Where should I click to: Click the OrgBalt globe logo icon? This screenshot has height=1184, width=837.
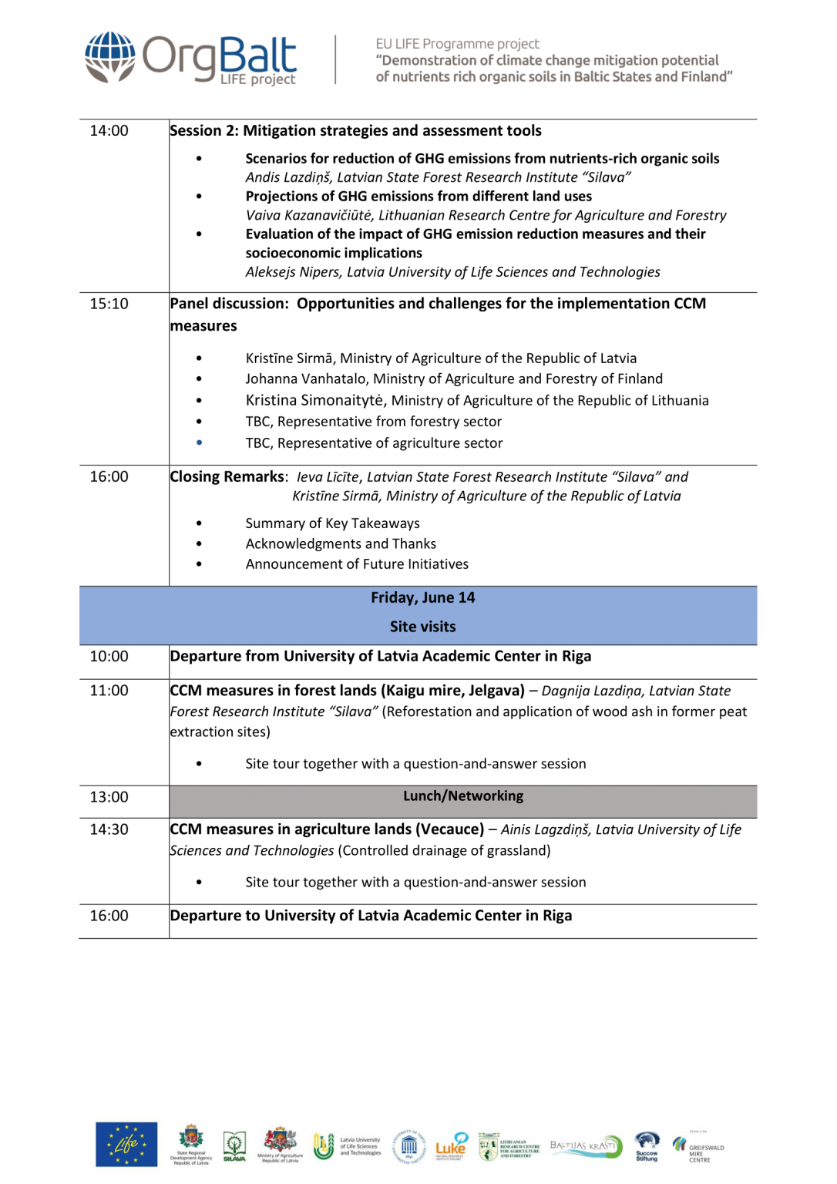coord(110,56)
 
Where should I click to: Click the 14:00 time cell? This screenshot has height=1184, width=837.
coord(109,131)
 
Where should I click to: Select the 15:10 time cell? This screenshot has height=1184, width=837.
coord(109,304)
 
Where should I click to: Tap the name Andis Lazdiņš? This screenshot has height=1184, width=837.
coord(288,177)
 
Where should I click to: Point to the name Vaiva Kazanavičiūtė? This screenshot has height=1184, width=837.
coord(308,215)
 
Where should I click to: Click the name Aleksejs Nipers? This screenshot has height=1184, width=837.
coord(293,272)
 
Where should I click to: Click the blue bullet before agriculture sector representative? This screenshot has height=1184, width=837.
coord(199,442)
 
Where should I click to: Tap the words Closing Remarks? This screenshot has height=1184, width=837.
coord(227,476)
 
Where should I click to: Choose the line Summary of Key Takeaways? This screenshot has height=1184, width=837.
coord(332,523)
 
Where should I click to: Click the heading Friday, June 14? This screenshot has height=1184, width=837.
coord(422,597)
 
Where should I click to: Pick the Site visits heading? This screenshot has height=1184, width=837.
coord(422,627)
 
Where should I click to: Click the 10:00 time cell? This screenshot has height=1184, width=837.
coord(109,657)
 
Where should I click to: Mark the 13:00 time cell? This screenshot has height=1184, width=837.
coord(109,797)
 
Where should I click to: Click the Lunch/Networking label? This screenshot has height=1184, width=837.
coord(462,796)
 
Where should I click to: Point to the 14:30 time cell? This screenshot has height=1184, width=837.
coord(109,829)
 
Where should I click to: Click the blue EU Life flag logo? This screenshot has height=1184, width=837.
coord(126,1144)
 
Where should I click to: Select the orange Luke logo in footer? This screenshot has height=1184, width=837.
coord(451,1146)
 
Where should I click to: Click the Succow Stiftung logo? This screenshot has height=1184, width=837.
coord(647,1145)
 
